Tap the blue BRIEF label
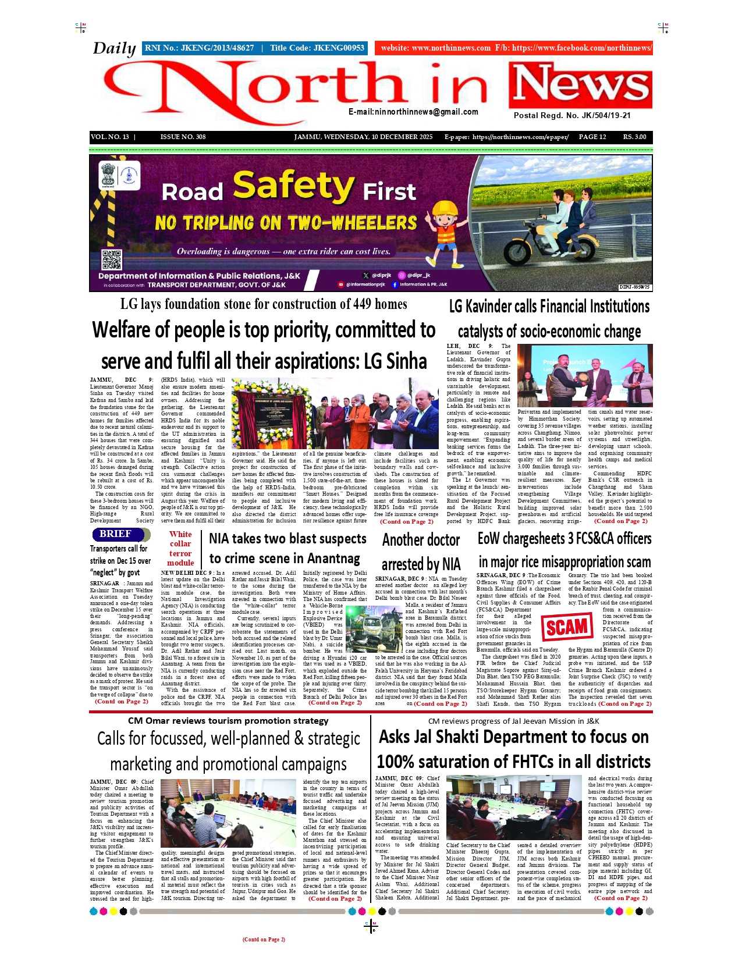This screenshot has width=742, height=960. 115,534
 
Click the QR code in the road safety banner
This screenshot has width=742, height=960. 111,259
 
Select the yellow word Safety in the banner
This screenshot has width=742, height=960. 293,186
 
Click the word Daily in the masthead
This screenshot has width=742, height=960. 114,48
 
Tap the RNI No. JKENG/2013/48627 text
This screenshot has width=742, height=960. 199,48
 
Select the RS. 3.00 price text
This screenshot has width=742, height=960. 634,137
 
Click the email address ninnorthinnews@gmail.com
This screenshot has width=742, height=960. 413,112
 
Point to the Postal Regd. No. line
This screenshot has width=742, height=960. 572,115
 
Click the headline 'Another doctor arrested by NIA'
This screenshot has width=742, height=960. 421,552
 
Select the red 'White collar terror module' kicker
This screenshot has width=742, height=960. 180,548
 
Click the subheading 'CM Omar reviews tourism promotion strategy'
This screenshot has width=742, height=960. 228,721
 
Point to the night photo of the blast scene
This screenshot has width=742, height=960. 373,629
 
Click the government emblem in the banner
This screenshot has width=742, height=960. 108,176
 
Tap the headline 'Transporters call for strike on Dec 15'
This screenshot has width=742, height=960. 120,560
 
